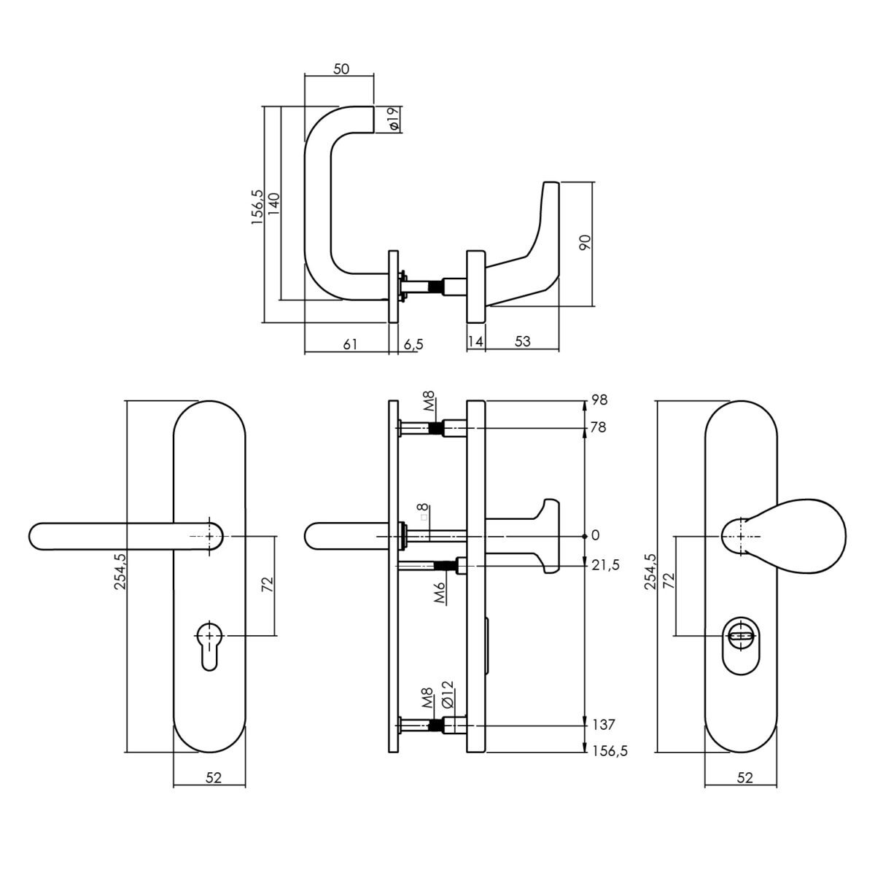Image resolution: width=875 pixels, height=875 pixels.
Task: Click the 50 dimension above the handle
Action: tap(341, 69)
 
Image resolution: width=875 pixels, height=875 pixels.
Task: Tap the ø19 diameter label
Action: tap(394, 119)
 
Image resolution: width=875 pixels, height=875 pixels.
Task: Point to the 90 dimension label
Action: tap(586, 243)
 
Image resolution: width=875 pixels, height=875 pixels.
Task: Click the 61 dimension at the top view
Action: tap(350, 344)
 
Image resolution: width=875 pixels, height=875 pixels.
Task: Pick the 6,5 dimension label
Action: tap(413, 345)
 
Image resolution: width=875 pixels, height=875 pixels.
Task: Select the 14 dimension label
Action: tap(475, 341)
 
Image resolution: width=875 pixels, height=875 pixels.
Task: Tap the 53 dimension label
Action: tap(522, 341)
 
